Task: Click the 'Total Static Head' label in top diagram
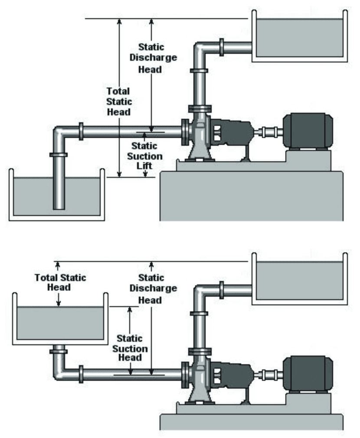[118, 101]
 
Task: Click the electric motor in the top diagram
[308, 131]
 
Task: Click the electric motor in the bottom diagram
[308, 373]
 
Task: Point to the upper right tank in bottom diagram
[299, 280]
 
